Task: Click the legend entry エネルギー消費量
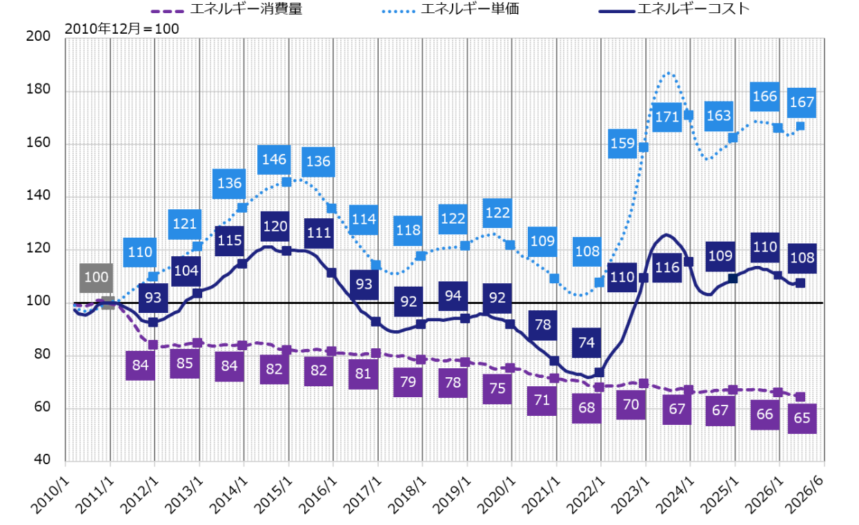tap(226, 9)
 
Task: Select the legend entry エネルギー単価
tap(451, 9)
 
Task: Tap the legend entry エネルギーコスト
tap(674, 9)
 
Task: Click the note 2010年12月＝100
tap(121, 29)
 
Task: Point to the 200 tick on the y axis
tap(38, 36)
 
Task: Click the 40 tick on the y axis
tap(42, 459)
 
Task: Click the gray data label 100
tap(97, 278)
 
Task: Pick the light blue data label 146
tap(274, 160)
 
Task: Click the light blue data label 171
tap(667, 117)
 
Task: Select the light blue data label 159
tap(622, 144)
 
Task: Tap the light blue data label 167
tap(802, 102)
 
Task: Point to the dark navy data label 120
tap(275, 226)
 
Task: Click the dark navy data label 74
tap(586, 343)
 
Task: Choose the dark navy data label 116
tap(667, 268)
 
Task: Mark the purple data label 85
tap(184, 363)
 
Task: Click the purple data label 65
tap(802, 418)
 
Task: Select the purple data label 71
tap(542, 401)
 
